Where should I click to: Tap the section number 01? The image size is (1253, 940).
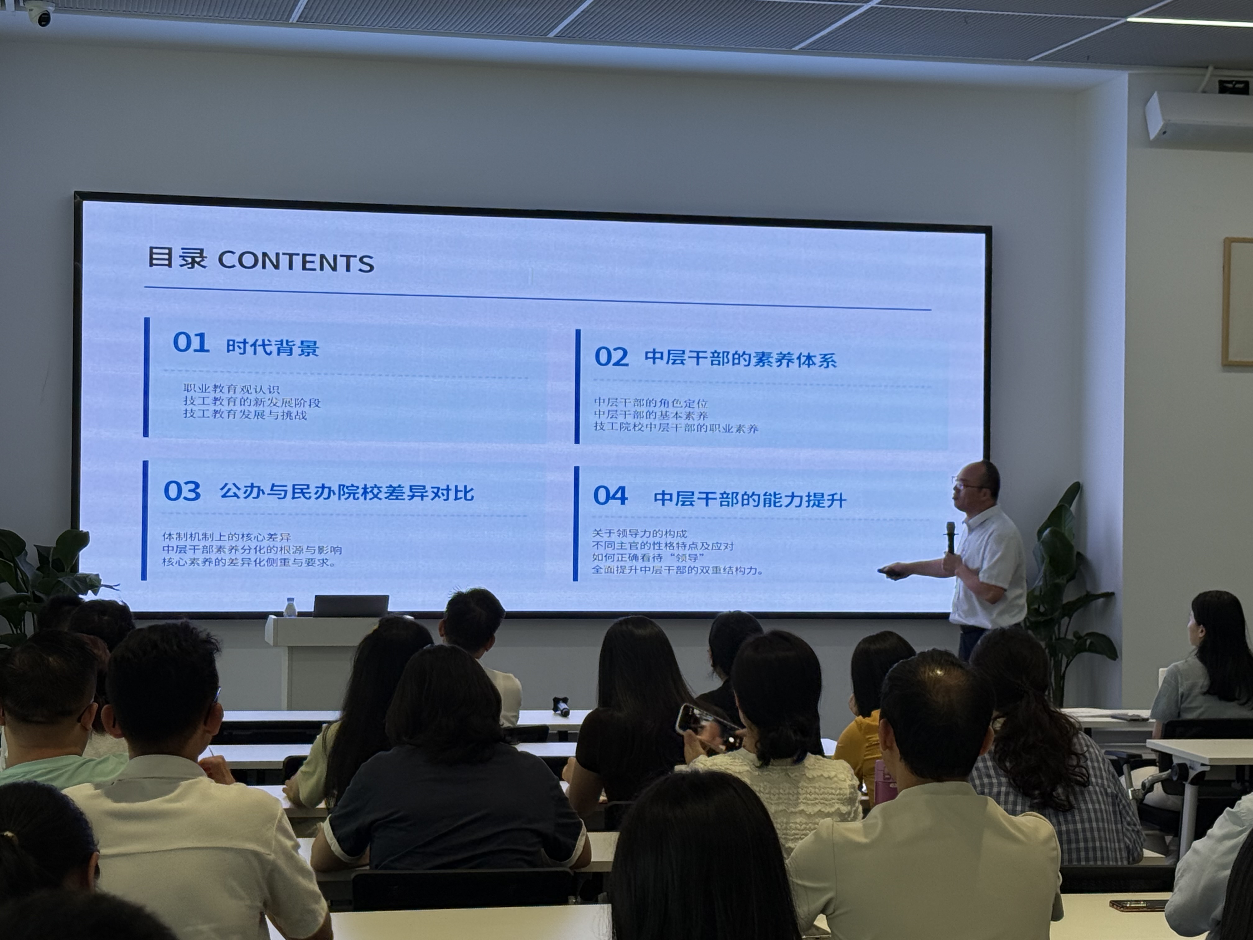click(191, 343)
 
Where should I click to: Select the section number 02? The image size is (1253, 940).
click(611, 357)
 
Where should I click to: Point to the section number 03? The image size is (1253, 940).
click(182, 491)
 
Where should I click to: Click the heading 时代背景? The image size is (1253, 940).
click(273, 347)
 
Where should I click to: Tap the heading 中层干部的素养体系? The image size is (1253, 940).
click(740, 359)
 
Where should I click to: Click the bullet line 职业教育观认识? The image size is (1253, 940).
click(231, 389)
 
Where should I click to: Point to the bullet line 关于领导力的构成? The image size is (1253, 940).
click(640, 533)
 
